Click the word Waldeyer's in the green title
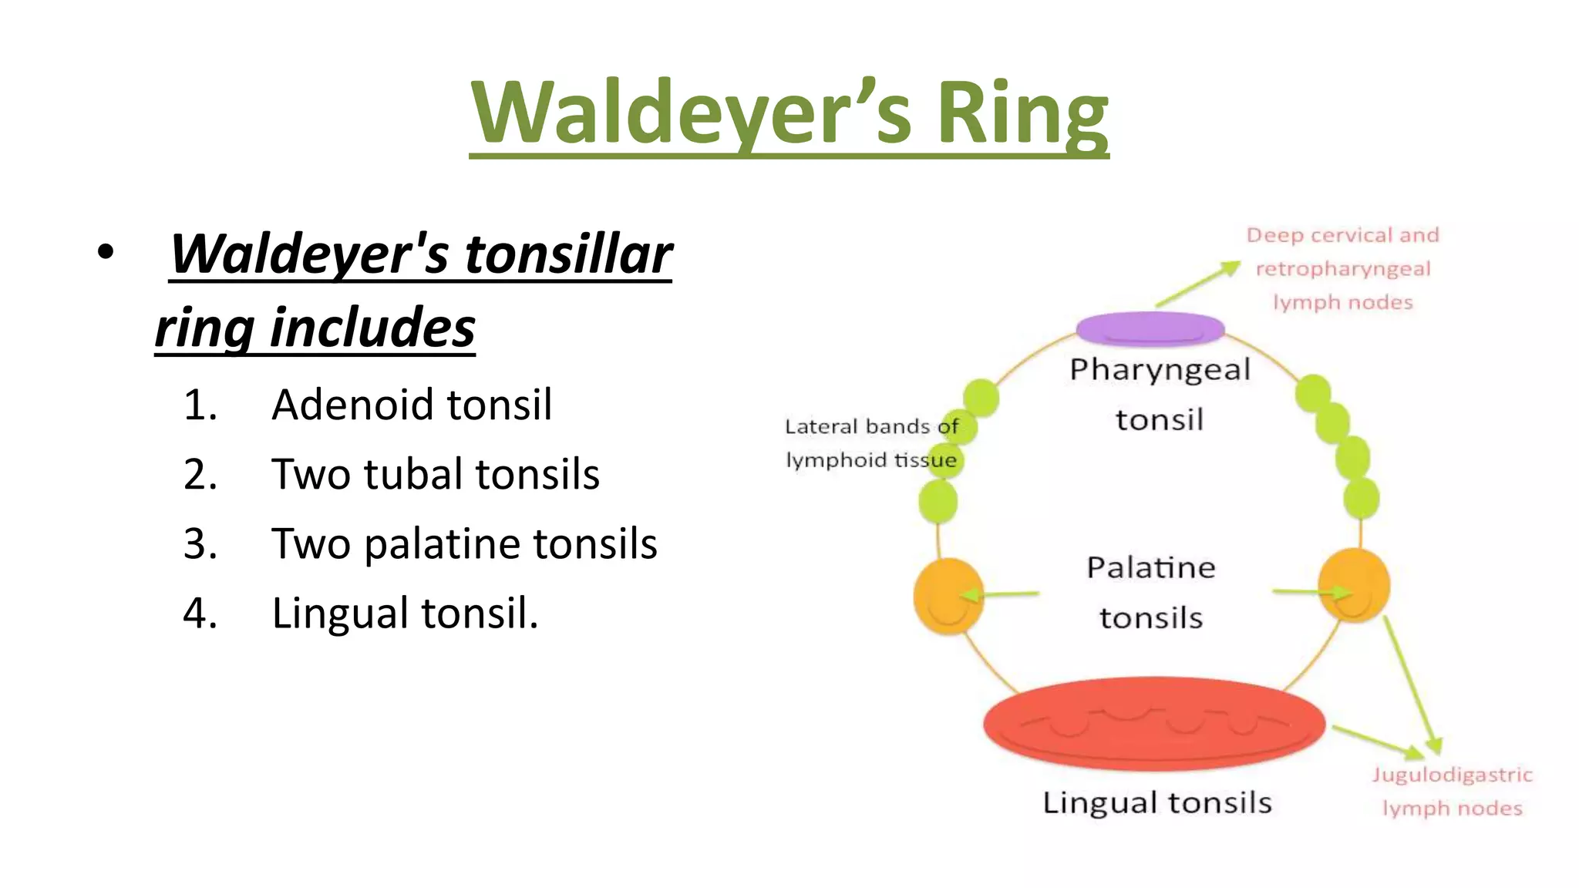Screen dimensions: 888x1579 point(691,114)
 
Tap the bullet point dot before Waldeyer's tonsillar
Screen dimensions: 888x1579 point(106,252)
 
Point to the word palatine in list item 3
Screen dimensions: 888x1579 point(443,544)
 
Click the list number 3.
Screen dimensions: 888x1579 point(200,544)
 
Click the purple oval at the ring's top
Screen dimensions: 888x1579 point(1150,328)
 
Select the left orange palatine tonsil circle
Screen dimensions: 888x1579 point(948,596)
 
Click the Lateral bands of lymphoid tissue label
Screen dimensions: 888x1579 point(871,443)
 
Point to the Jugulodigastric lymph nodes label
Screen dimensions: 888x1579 point(1452,791)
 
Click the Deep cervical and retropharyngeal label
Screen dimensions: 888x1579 point(1343,268)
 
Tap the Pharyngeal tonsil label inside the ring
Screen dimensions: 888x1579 point(1160,395)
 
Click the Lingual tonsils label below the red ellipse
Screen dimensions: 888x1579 point(1156,803)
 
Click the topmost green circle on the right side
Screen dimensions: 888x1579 point(1313,393)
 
